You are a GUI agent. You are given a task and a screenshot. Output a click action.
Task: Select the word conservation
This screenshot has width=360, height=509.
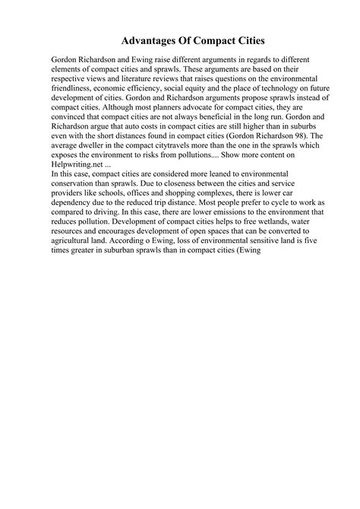[78, 207]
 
